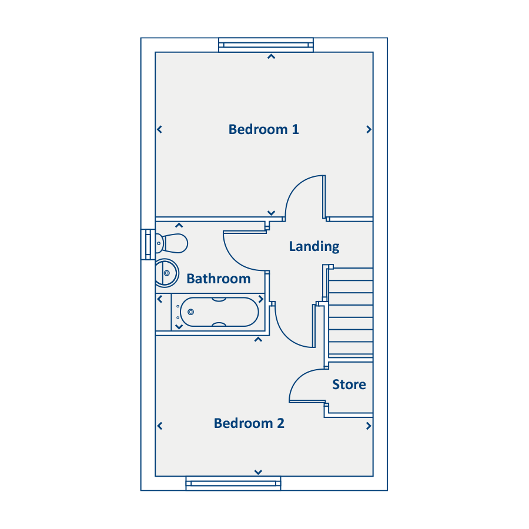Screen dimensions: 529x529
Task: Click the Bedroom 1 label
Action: [x=263, y=129]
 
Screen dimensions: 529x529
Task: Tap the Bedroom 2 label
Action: [x=249, y=423]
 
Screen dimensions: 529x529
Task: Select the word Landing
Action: [x=314, y=247]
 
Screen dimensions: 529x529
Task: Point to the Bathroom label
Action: [x=219, y=279]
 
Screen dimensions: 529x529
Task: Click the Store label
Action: [x=349, y=384]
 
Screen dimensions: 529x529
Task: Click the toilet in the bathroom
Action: [x=172, y=243]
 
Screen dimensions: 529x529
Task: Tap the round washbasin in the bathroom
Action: [x=166, y=273]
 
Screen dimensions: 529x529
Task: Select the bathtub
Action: [x=219, y=312]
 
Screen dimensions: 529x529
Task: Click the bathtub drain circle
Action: [x=190, y=312]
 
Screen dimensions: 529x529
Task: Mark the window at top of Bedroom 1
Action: [x=266, y=45]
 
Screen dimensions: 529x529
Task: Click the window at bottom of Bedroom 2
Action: [x=233, y=484]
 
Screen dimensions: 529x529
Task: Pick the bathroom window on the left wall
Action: [x=148, y=245]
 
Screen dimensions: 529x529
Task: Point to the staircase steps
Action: [x=350, y=313]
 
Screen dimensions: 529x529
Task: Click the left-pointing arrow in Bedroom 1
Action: [x=159, y=129]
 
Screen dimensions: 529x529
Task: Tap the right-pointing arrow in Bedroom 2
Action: [x=369, y=426]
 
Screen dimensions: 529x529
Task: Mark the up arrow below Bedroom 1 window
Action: [x=271, y=56]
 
